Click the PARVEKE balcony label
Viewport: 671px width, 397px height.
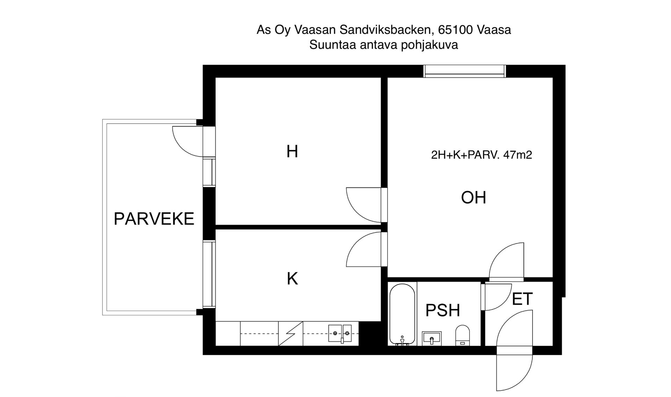[x=154, y=219]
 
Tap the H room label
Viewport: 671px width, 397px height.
[x=292, y=151]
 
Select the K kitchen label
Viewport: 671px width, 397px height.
[x=292, y=279]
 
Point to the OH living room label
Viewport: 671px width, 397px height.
[x=474, y=197]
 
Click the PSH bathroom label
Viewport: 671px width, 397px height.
[x=443, y=310]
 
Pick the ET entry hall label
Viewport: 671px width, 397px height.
[x=522, y=299]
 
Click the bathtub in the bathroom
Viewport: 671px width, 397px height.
[x=402, y=314]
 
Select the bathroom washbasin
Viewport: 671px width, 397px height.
[x=432, y=339]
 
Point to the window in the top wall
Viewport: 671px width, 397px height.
[x=464, y=71]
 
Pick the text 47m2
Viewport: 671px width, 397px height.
[x=518, y=155]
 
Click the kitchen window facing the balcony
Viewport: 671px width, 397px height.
[x=209, y=274]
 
